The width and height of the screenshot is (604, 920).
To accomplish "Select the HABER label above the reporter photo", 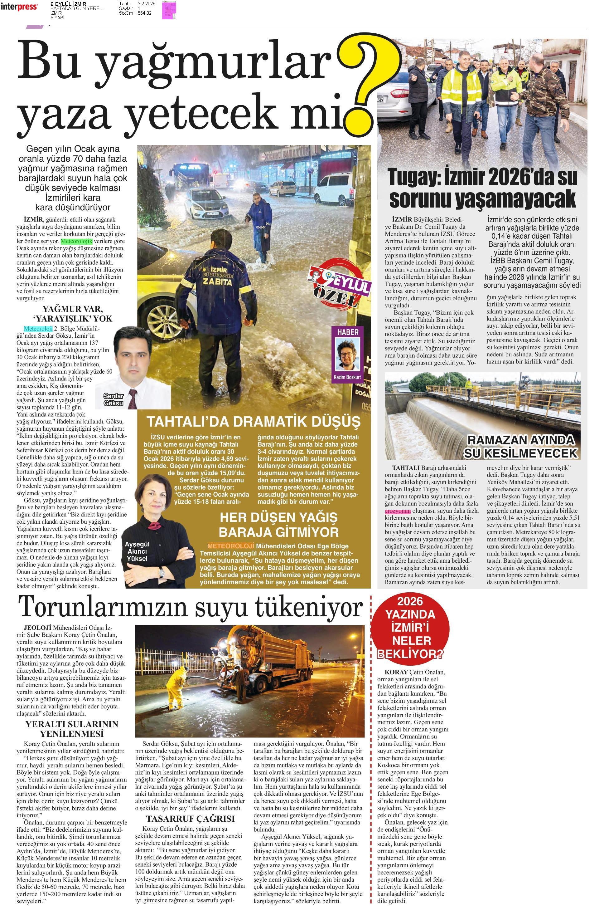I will pyautogui.click(x=348, y=332).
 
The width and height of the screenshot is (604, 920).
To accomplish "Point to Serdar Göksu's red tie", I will pyautogui.click(x=133, y=398).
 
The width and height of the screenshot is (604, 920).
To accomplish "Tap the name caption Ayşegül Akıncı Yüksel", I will pyautogui.click(x=137, y=551).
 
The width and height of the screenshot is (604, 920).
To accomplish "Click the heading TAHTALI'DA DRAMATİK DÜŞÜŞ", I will pyautogui.click(x=253, y=421).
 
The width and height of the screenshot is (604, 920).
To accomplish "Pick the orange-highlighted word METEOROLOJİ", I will pyautogui.click(x=230, y=546).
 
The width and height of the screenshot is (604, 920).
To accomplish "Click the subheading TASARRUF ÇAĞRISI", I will pyautogui.click(x=191, y=819).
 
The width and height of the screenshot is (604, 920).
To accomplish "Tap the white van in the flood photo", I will pyautogui.click(x=335, y=188).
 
